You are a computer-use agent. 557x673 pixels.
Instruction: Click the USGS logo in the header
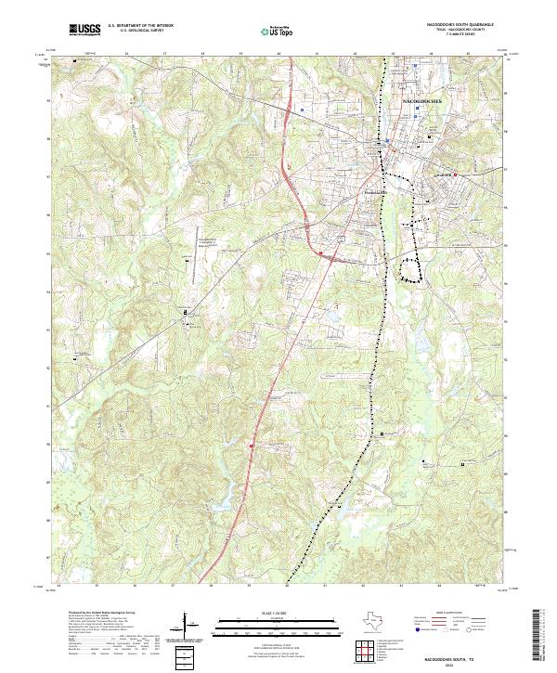pos(85,31)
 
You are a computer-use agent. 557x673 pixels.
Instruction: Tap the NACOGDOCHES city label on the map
pos(423,97)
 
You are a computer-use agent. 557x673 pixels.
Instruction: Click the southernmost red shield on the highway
pos(251,446)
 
